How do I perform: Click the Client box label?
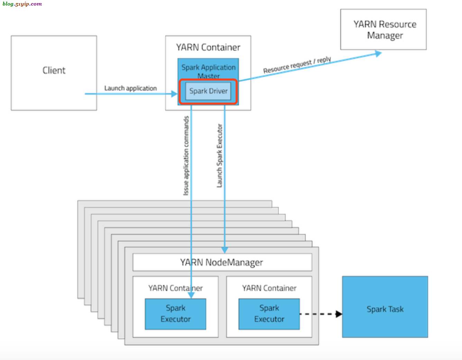click(x=54, y=70)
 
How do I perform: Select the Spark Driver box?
click(x=208, y=91)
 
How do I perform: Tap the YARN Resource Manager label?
click(x=385, y=30)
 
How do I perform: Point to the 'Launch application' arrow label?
click(x=130, y=88)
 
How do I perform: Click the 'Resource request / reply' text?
click(x=297, y=65)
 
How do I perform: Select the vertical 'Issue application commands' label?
click(x=186, y=156)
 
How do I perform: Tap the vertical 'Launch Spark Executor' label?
click(x=220, y=156)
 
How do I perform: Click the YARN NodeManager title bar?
click(x=222, y=262)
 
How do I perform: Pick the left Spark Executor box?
click(x=175, y=314)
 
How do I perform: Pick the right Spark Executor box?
click(x=269, y=314)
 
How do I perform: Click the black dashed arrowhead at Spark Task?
click(x=339, y=314)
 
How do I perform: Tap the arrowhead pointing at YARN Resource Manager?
click(x=378, y=54)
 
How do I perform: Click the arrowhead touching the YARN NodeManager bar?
click(x=224, y=250)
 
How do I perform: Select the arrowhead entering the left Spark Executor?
click(x=191, y=295)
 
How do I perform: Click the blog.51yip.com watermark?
click(x=22, y=4)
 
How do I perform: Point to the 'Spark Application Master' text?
click(x=208, y=71)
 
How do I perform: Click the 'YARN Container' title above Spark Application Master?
click(x=208, y=47)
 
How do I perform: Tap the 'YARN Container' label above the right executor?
click(x=269, y=288)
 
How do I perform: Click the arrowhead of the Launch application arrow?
click(x=174, y=94)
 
